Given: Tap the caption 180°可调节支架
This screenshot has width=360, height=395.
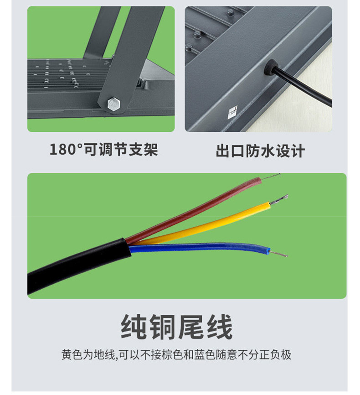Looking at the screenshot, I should (x=103, y=149).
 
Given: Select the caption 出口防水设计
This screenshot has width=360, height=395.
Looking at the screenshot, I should (x=260, y=151).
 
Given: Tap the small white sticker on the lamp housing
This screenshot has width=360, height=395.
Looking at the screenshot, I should (x=232, y=111).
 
